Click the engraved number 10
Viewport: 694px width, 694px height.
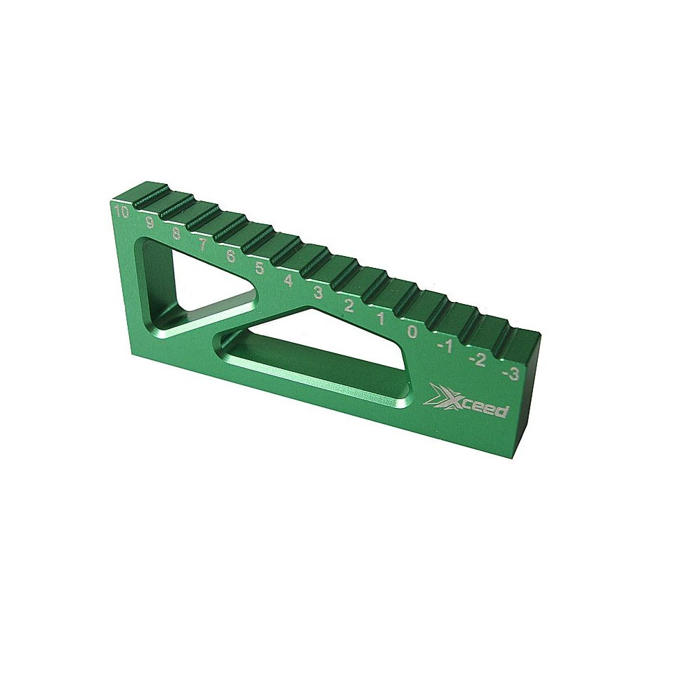(120, 212)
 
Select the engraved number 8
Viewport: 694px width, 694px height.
(176, 233)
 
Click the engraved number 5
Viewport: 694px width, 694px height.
(260, 267)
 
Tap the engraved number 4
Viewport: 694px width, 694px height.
(289, 280)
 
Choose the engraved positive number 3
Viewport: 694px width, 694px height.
(319, 292)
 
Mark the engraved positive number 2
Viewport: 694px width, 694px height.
(349, 305)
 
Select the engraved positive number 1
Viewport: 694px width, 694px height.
(380, 318)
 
